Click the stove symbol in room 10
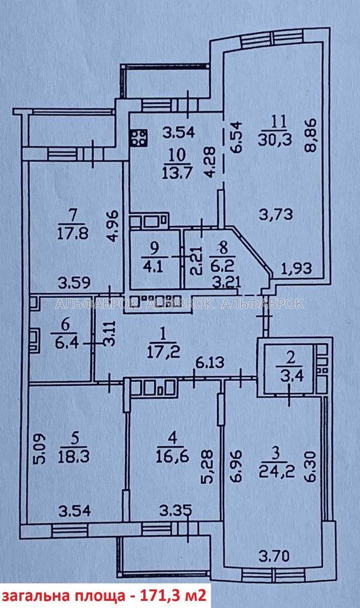139,138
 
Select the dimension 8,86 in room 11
310,135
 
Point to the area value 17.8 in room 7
73,233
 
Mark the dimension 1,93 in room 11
296,269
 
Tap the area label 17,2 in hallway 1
163,353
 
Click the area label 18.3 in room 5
73,456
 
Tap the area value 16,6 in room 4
172,456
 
